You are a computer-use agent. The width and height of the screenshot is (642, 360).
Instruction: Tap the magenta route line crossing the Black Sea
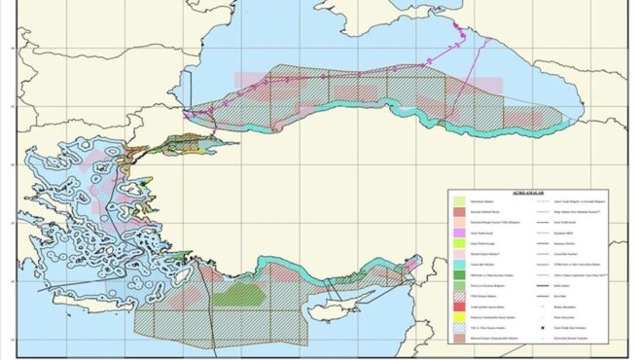321,78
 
